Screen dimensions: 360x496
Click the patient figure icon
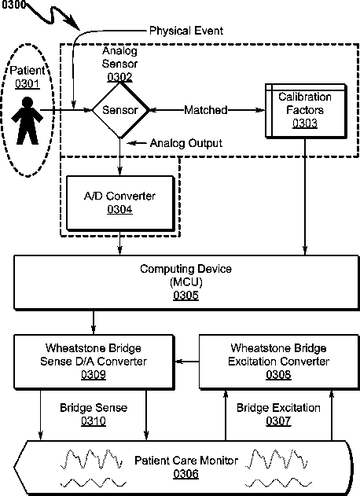[27, 121]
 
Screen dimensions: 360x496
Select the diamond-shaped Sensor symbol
[120, 110]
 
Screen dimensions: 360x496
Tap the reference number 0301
[28, 84]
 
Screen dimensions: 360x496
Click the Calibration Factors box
[306, 111]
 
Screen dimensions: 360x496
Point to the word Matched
[206, 110]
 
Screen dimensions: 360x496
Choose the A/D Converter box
[120, 203]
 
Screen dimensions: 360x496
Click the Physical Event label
[186, 31]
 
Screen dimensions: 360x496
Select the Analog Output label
[186, 143]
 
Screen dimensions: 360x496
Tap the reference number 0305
[186, 295]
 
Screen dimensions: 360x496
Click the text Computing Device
[186, 269]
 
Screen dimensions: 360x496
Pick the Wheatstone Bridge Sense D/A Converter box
[94, 362]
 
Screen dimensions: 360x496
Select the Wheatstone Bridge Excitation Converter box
[279, 362]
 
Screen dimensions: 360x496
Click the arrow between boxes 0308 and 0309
[187, 362]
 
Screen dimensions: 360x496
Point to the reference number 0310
[94, 421]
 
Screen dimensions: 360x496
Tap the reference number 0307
[278, 421]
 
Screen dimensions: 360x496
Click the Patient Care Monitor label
[186, 461]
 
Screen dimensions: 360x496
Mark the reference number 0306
[186, 474]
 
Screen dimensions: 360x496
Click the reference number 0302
[119, 77]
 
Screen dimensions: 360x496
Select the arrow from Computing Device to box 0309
[94, 322]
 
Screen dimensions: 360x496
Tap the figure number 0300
[12, 5]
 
